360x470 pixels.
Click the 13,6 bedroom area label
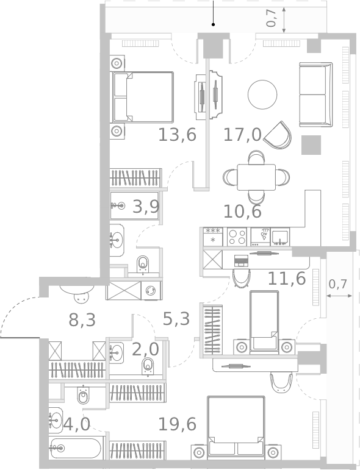pyautogui.click(x=177, y=135)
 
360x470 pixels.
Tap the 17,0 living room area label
pyautogui.click(x=242, y=135)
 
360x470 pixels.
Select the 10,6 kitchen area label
pyautogui.click(x=242, y=212)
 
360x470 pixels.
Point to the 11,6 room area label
pyautogui.click(x=286, y=279)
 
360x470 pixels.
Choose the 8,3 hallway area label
pyautogui.click(x=82, y=320)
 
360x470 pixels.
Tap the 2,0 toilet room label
pyautogui.click(x=145, y=349)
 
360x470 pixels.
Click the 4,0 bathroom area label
pyautogui.click(x=77, y=424)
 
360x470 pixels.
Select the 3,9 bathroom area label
pyautogui.click(x=146, y=207)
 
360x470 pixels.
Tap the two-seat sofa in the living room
pyautogui.click(x=315, y=94)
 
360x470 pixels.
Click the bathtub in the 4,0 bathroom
pyautogui.click(x=76, y=449)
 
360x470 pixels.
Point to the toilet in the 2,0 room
pyautogui.click(x=148, y=366)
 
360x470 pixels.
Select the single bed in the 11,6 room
pyautogui.click(x=264, y=321)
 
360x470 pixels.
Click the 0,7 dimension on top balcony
pyautogui.click(x=272, y=18)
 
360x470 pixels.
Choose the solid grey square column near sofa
pyautogui.click(x=311, y=145)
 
